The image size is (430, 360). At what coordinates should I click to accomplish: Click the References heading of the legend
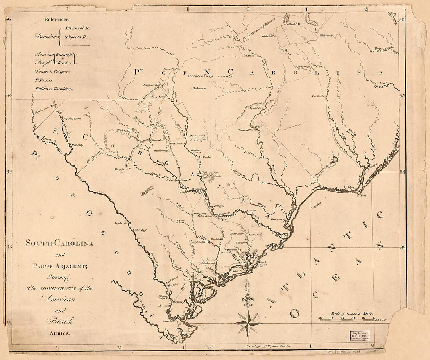[57, 19]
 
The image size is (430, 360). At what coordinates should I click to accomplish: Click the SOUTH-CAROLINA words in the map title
[59, 244]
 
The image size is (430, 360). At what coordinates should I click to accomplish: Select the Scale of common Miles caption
[352, 313]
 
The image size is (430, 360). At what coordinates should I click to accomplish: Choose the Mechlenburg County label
[210, 76]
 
